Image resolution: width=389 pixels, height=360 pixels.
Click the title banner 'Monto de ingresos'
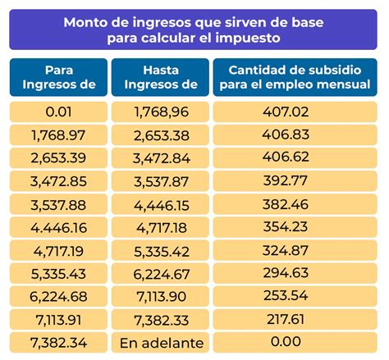pyautogui.click(x=194, y=30)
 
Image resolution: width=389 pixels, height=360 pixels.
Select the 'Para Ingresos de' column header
pyautogui.click(x=58, y=77)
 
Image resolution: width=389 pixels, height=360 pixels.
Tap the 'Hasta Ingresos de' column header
pyautogui.click(x=160, y=77)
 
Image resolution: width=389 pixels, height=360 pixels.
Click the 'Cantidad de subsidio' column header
pyautogui.click(x=295, y=77)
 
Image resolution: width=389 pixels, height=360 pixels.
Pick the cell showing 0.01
pyautogui.click(x=58, y=112)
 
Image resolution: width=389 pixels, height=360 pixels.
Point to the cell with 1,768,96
pyautogui.click(x=160, y=112)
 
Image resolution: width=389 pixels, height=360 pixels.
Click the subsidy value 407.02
pyautogui.click(x=295, y=112)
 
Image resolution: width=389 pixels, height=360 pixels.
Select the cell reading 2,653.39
pyautogui.click(x=58, y=158)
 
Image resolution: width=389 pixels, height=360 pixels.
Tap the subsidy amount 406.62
pyautogui.click(x=295, y=158)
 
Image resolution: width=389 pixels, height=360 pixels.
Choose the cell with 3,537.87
pyautogui.click(x=160, y=181)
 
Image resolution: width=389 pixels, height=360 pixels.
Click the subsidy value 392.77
pyautogui.click(x=295, y=181)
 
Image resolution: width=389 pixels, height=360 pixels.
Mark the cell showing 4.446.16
pyautogui.click(x=58, y=227)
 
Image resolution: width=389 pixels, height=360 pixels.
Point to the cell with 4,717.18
pyautogui.click(x=160, y=227)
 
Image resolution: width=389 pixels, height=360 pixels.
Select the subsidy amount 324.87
pyautogui.click(x=295, y=250)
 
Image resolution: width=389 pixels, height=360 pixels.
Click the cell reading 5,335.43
pyautogui.click(x=58, y=274)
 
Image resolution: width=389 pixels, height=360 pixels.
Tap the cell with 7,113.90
pyautogui.click(x=160, y=297)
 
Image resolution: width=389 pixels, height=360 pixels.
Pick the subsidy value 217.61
pyautogui.click(x=295, y=320)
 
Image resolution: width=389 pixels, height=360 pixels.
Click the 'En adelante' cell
pyautogui.click(x=160, y=343)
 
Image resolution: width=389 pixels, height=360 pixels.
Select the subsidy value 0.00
pyautogui.click(x=295, y=343)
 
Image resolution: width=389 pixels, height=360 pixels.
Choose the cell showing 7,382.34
pyautogui.click(x=58, y=343)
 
